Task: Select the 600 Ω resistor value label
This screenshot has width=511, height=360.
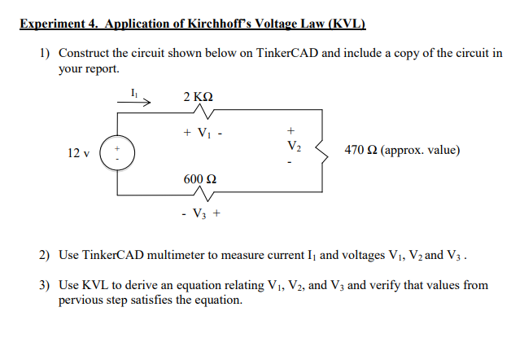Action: tap(200, 179)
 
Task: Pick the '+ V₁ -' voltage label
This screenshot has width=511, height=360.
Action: tap(201, 132)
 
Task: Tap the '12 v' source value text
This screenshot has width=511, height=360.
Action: tap(78, 152)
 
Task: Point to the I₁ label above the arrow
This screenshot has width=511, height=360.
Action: tap(133, 93)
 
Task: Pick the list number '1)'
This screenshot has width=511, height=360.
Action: tap(45, 53)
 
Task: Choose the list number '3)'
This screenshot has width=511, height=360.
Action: tap(45, 285)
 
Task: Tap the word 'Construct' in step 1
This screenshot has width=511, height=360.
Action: tap(85, 53)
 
